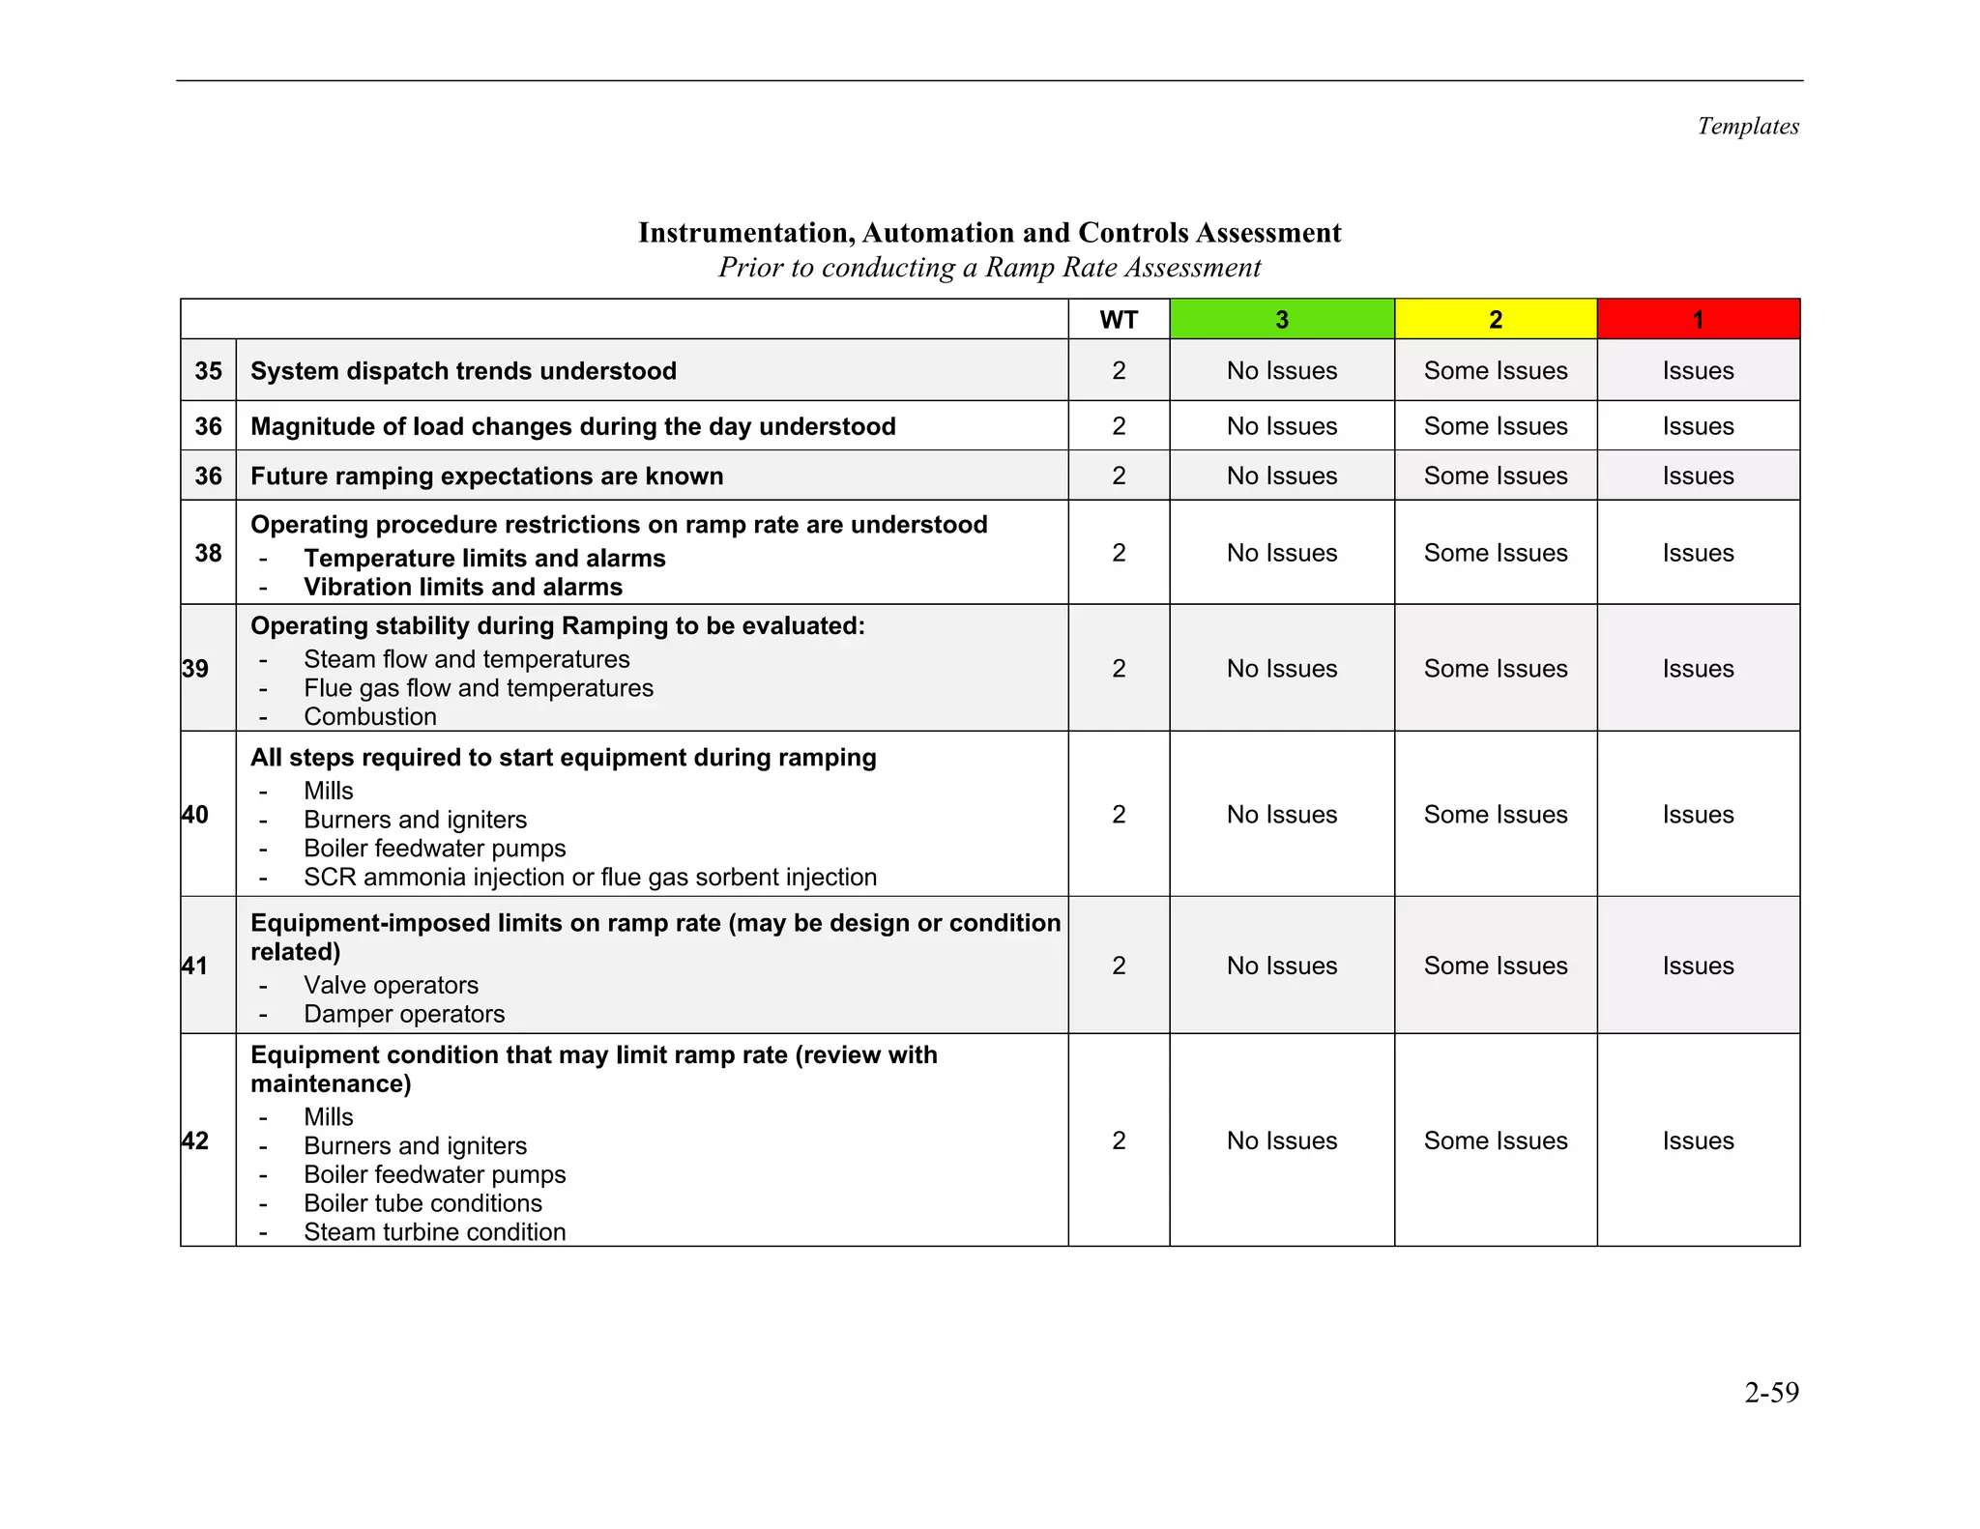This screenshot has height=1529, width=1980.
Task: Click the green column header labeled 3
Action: (x=1281, y=320)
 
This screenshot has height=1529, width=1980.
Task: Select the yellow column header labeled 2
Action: (x=1495, y=320)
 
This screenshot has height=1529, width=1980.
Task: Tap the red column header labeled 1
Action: (x=1698, y=320)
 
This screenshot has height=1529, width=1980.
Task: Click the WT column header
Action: (x=1119, y=320)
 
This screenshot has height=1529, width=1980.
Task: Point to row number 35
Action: (x=208, y=371)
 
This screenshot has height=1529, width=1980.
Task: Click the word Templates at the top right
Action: (x=1748, y=127)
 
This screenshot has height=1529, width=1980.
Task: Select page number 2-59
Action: (x=1771, y=1392)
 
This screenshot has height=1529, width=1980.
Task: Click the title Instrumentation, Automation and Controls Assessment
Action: (x=989, y=233)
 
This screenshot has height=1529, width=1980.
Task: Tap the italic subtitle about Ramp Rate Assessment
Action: (x=989, y=268)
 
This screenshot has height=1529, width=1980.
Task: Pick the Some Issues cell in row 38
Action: (x=1495, y=553)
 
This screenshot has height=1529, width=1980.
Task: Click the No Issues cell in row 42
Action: (x=1281, y=1140)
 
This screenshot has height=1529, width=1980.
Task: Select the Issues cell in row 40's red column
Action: (x=1698, y=815)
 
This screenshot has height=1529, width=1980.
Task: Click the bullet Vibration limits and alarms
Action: (x=462, y=588)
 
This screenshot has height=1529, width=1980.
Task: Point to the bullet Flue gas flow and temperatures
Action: (x=478, y=688)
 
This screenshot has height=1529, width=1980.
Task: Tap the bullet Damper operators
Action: (x=403, y=1014)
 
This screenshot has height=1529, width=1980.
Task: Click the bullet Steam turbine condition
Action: (x=434, y=1232)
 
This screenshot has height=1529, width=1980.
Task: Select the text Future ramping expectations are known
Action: (x=486, y=476)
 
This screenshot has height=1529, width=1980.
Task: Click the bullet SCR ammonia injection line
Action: (x=590, y=878)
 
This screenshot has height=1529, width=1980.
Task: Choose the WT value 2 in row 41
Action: (x=1119, y=966)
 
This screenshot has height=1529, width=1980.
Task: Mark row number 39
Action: (x=195, y=669)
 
